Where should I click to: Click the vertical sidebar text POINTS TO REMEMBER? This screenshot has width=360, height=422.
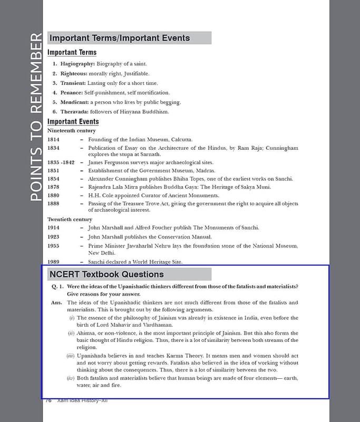click(35, 117)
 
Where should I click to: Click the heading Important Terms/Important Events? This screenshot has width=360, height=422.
click(119, 38)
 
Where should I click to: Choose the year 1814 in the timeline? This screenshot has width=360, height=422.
click(53, 139)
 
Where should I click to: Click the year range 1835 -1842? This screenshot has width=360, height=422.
click(61, 162)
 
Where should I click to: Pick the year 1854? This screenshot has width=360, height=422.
click(53, 179)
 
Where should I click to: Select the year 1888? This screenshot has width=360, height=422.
click(53, 203)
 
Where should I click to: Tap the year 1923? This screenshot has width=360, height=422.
click(53, 237)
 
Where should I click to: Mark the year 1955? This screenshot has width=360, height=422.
click(53, 246)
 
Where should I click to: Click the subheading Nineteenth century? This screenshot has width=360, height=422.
click(72, 130)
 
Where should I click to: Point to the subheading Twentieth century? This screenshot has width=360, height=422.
click(70, 219)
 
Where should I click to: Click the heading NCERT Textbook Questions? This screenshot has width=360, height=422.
click(106, 274)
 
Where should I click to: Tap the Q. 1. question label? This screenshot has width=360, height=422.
click(57, 286)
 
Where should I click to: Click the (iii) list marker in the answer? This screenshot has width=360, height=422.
click(70, 356)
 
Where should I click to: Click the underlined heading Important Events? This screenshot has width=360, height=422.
click(73, 122)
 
